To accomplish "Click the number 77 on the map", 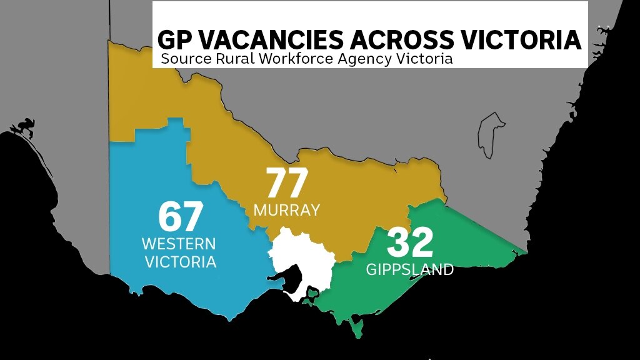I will pyautogui.click(x=288, y=184).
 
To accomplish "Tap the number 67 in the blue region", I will pyautogui.click(x=181, y=217).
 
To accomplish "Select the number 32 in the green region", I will pyautogui.click(x=410, y=243).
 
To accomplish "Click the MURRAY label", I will pyautogui.click(x=287, y=210).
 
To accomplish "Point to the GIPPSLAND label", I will pyautogui.click(x=410, y=269).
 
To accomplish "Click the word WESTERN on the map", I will pyautogui.click(x=179, y=243).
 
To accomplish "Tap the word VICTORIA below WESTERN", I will pyautogui.click(x=181, y=261).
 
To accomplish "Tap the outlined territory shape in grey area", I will pyautogui.click(x=491, y=131).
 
